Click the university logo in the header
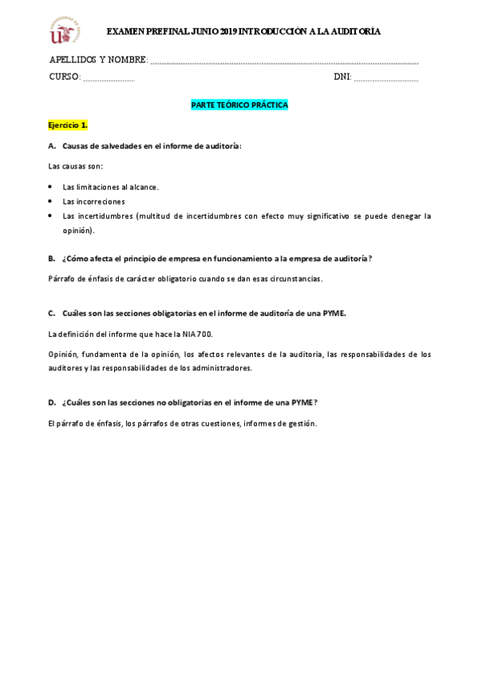[65, 30]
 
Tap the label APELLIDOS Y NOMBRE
[97, 60]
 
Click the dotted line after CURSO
[109, 77]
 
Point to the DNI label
[342, 77]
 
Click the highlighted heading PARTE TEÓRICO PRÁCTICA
[239, 105]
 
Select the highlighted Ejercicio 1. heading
[68, 126]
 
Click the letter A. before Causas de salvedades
[52, 146]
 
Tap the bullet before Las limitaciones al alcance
[51, 186]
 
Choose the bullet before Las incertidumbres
[51, 216]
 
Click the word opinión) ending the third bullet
[78, 230]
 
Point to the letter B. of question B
[52, 258]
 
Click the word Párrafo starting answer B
[60, 278]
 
